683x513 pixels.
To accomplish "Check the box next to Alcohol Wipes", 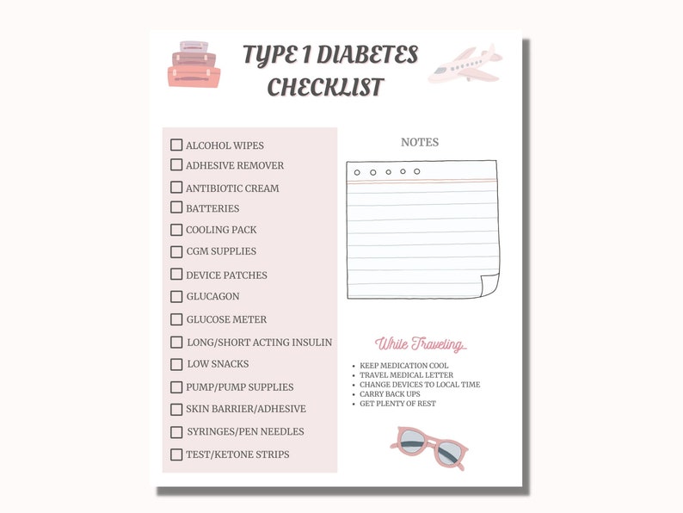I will click(176, 145).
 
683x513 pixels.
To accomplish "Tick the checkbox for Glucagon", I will click(176, 296).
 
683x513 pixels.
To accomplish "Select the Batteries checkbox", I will click(176, 207).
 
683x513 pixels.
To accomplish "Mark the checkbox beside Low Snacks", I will click(176, 364).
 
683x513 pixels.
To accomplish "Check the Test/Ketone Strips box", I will click(176, 454).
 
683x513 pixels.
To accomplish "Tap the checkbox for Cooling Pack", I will click(176, 230).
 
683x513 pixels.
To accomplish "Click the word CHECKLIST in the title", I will click(325, 87).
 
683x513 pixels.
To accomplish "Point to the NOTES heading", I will click(420, 143).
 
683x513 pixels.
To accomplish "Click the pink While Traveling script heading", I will click(421, 344).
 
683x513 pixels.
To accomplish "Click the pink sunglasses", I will click(428, 447).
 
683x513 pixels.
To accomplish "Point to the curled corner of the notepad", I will click(489, 287).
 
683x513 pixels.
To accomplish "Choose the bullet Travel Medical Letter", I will click(405, 375).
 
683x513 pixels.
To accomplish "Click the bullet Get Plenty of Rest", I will click(397, 404).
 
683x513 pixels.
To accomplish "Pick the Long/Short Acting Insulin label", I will click(259, 343).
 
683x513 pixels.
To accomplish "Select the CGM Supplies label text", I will click(221, 252).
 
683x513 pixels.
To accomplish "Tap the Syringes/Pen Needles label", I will click(245, 432).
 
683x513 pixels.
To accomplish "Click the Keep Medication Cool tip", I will click(403, 366).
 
